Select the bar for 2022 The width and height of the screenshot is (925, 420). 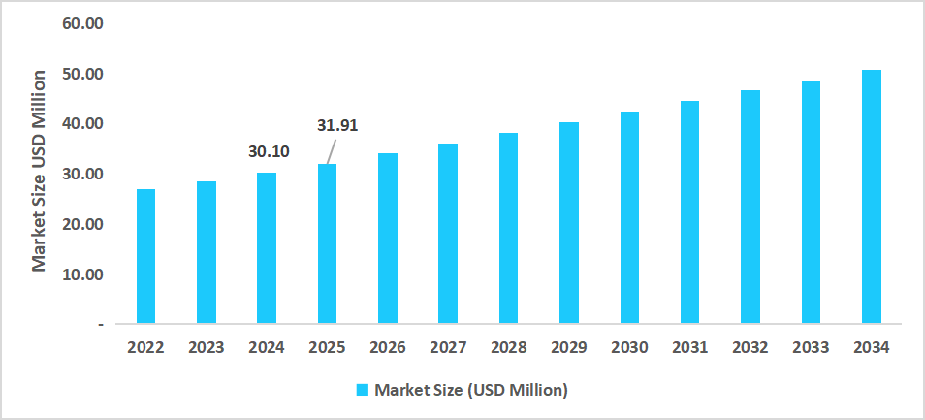point(145,256)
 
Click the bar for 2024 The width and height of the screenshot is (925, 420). point(267,248)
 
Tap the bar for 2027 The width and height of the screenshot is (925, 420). point(448,234)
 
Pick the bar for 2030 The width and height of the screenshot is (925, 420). point(629,217)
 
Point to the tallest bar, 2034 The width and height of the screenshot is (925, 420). point(871,197)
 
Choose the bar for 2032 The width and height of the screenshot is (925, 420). point(750,207)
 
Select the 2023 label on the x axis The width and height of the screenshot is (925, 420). point(206,347)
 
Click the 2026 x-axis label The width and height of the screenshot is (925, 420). point(387,347)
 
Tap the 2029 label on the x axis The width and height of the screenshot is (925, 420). point(568,347)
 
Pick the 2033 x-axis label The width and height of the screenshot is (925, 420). point(811,347)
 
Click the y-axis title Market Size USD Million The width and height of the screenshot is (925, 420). point(40,171)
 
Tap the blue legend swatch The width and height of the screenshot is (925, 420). point(363,390)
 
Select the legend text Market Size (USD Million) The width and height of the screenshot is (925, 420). point(470,390)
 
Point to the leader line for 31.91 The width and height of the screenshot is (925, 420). point(331,151)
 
